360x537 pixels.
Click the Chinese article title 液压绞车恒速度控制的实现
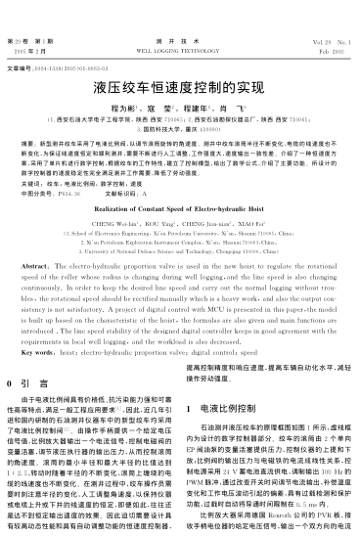(179, 86)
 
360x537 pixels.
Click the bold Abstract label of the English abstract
(35, 239)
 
